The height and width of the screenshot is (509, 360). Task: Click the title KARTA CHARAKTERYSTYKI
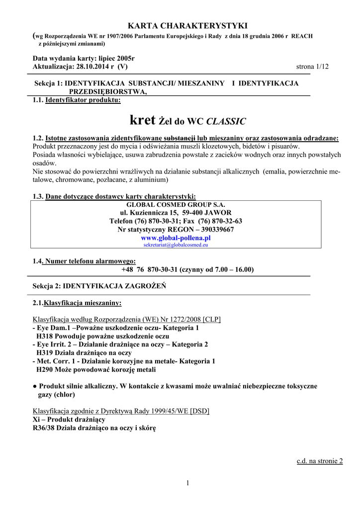[x=180, y=26]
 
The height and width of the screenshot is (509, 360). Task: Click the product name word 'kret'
[x=142, y=120]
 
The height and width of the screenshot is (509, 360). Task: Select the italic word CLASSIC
[x=226, y=121]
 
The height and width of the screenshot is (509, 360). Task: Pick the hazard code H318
[x=46, y=336]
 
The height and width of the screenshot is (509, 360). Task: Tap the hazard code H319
[x=46, y=352]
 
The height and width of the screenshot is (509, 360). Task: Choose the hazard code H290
[x=46, y=369]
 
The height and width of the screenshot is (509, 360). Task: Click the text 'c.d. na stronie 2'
[x=320, y=461]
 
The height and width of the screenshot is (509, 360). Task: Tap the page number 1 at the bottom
[x=188, y=483]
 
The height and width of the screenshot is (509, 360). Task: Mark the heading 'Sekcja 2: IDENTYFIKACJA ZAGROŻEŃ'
[x=99, y=286]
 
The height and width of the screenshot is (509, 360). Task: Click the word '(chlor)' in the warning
[x=64, y=395]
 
